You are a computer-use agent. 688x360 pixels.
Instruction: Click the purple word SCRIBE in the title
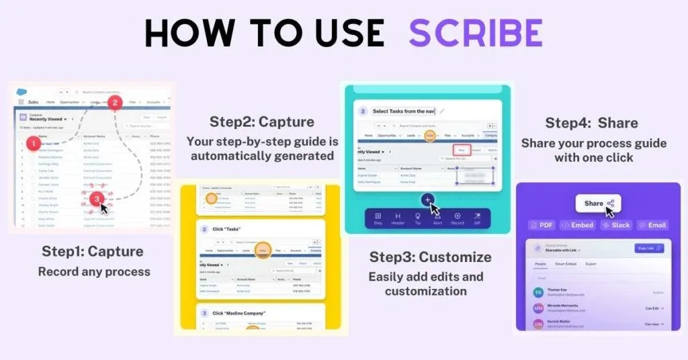tap(476, 33)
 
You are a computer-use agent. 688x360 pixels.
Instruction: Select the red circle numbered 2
tap(115, 103)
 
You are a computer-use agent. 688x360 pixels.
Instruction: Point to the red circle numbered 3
tap(97, 198)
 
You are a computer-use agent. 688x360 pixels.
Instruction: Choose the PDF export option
tap(542, 225)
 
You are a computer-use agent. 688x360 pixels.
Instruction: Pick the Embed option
tap(577, 225)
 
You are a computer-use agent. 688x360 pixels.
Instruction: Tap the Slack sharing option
tap(615, 225)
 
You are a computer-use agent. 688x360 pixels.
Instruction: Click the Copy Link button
tap(649, 249)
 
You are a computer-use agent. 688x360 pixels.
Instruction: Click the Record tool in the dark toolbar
tap(458, 219)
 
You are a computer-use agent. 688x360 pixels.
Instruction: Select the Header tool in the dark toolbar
tap(398, 219)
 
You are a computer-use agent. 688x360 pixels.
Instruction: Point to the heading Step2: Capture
tap(262, 122)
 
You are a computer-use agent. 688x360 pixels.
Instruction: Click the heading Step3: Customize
tap(430, 257)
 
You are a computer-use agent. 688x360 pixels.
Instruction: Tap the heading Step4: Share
tap(591, 123)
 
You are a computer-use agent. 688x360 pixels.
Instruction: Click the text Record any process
tap(93, 272)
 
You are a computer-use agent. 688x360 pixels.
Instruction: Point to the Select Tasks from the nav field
tap(404, 111)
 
